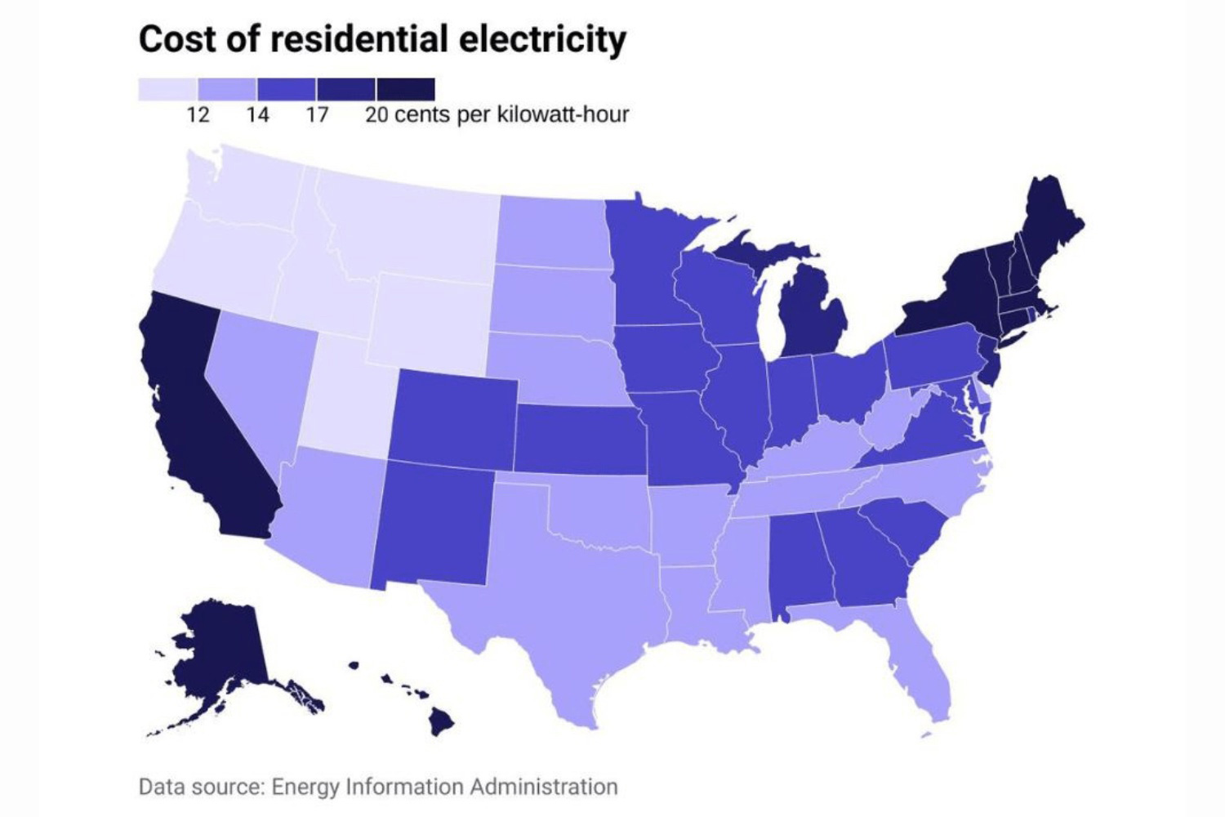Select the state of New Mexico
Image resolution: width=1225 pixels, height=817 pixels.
[x=433, y=523]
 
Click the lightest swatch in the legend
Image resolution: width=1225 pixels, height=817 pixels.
[x=167, y=89]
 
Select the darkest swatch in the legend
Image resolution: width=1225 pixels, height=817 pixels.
[x=406, y=89]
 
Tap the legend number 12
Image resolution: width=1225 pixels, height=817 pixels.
[x=198, y=114]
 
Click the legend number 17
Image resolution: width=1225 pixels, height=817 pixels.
[x=317, y=114]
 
